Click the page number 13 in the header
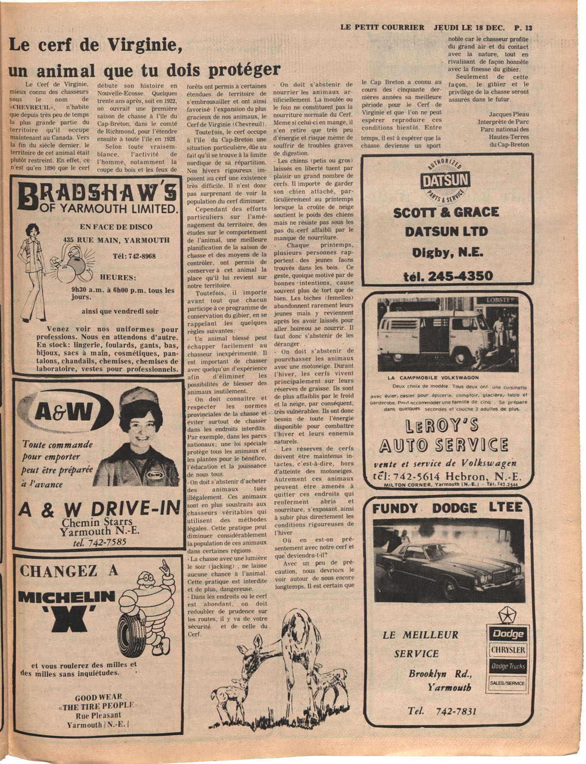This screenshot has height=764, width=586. tap(528, 28)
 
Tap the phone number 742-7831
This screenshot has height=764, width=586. tap(442, 711)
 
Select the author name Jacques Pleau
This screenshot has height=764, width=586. tap(508, 114)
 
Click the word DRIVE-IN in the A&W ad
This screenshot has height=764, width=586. tap(136, 509)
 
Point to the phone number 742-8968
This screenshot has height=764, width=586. tap(134, 256)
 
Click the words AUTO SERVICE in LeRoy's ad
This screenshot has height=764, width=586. tap(444, 445)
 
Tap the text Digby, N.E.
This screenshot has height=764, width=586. tap(448, 253)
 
